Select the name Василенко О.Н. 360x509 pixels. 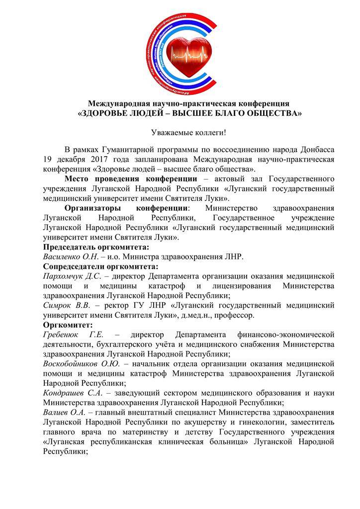point(69,256)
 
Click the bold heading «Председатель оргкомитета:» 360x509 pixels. point(96,247)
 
